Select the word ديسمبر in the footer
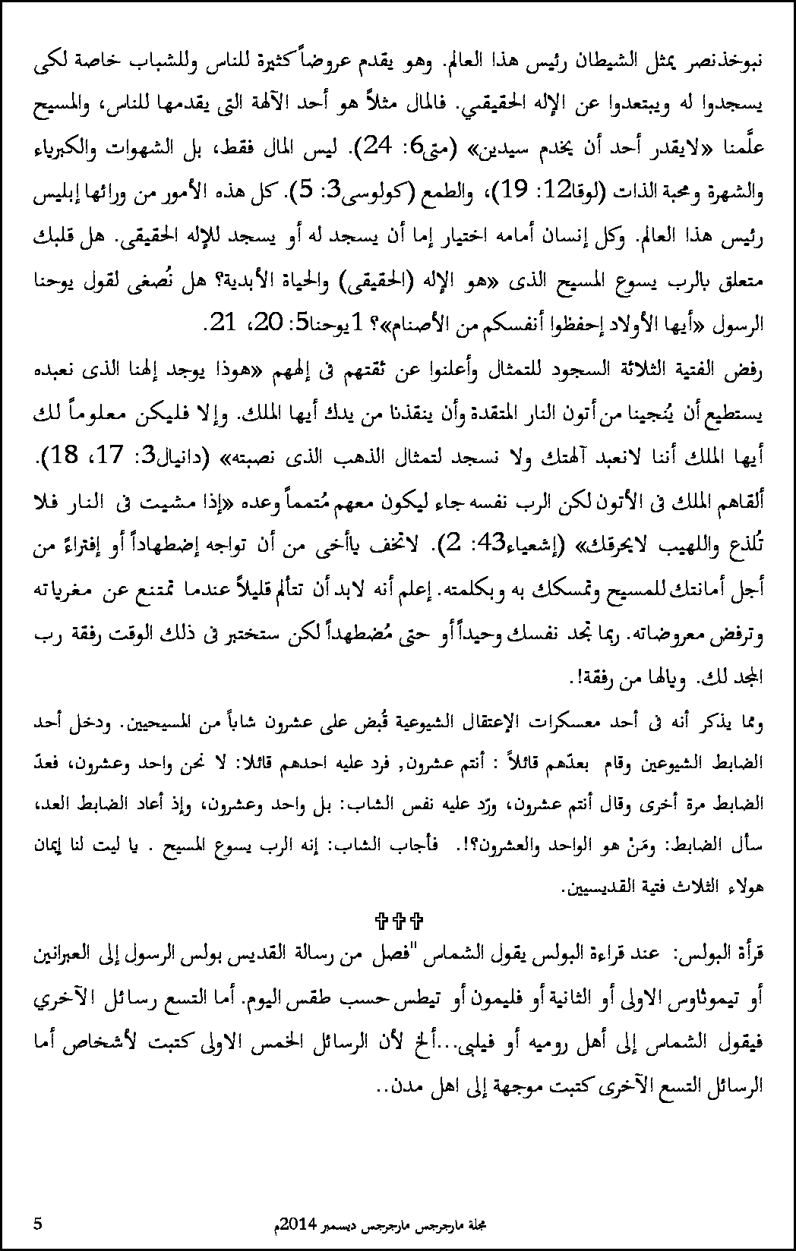tap(338, 1224)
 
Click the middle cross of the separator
tap(398, 922)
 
